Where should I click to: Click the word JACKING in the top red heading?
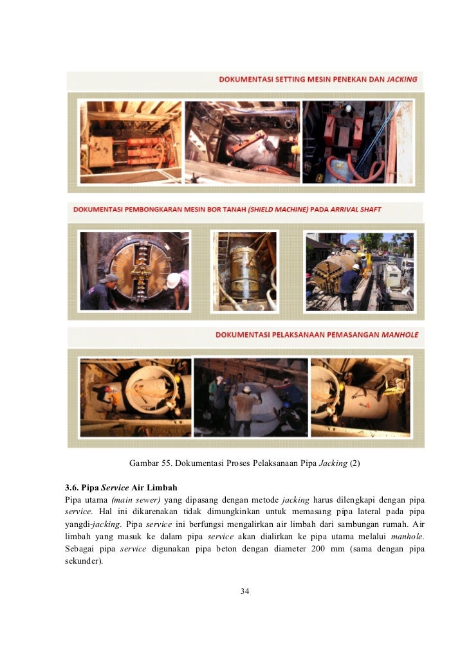pyautogui.click(x=402, y=79)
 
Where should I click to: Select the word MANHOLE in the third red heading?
pyautogui.click(x=400, y=335)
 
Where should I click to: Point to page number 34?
pyautogui.click(x=244, y=591)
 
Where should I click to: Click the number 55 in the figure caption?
pyautogui.click(x=167, y=463)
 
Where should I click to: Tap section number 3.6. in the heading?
pyautogui.click(x=71, y=488)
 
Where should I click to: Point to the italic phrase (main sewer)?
pyautogui.click(x=136, y=500)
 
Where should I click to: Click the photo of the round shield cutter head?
pyautogui.click(x=134, y=271)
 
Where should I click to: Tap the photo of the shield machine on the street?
pyautogui.click(x=360, y=271)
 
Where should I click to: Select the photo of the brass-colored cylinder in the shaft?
pyautogui.click(x=244, y=271)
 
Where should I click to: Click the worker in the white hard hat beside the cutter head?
pyautogui.click(x=178, y=289)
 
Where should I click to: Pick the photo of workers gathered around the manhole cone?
pyautogui.click(x=250, y=397)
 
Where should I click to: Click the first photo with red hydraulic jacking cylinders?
pyautogui.click(x=131, y=142)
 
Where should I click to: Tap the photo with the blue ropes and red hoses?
pyautogui.click(x=358, y=142)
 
